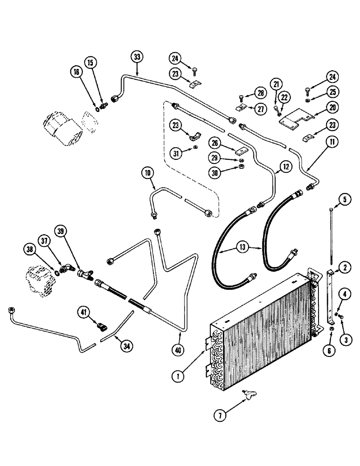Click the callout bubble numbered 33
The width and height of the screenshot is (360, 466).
[x=137, y=58]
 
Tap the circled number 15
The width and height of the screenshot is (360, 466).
[x=90, y=62]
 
